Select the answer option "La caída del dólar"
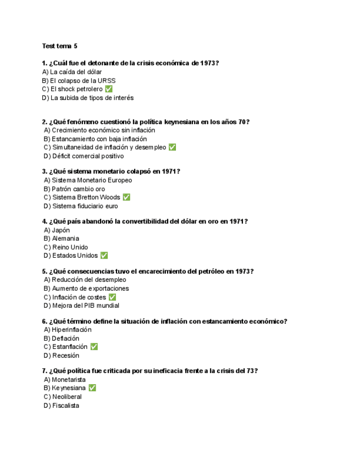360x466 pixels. [x=72, y=72]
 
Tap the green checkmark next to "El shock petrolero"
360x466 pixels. [x=108, y=89]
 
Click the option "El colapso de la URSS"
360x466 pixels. [x=79, y=81]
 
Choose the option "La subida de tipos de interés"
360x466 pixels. [x=88, y=98]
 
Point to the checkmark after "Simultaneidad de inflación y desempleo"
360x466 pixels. [x=172, y=147]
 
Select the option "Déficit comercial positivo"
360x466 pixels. [x=84, y=156]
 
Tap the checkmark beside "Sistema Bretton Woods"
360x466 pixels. [x=126, y=197]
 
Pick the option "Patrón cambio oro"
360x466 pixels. [x=74, y=189]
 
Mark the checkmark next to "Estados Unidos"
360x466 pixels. [x=104, y=256]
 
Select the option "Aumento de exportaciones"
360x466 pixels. [x=86, y=289]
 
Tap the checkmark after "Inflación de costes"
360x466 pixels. [x=112, y=297]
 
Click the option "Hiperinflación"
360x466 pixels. [x=68, y=330]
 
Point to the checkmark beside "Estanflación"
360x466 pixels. [x=94, y=347]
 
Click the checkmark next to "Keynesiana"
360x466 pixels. [x=92, y=388]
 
